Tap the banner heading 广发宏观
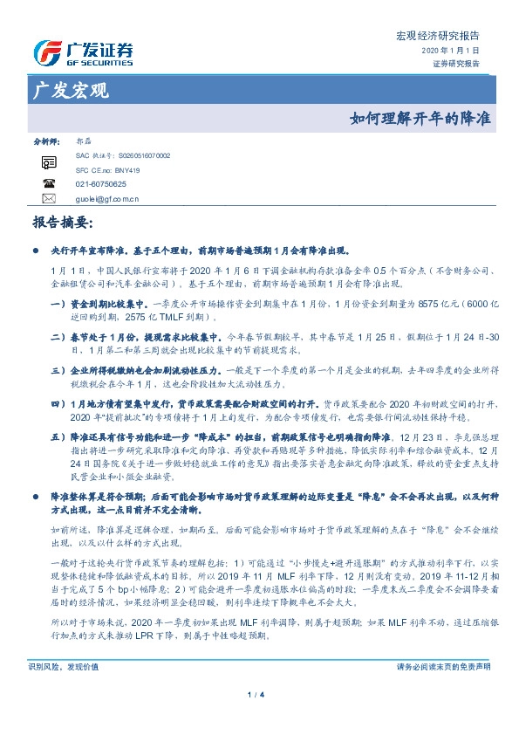point(70,90)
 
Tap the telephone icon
point(49,184)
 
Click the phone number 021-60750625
point(100,184)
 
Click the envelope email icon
point(49,199)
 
